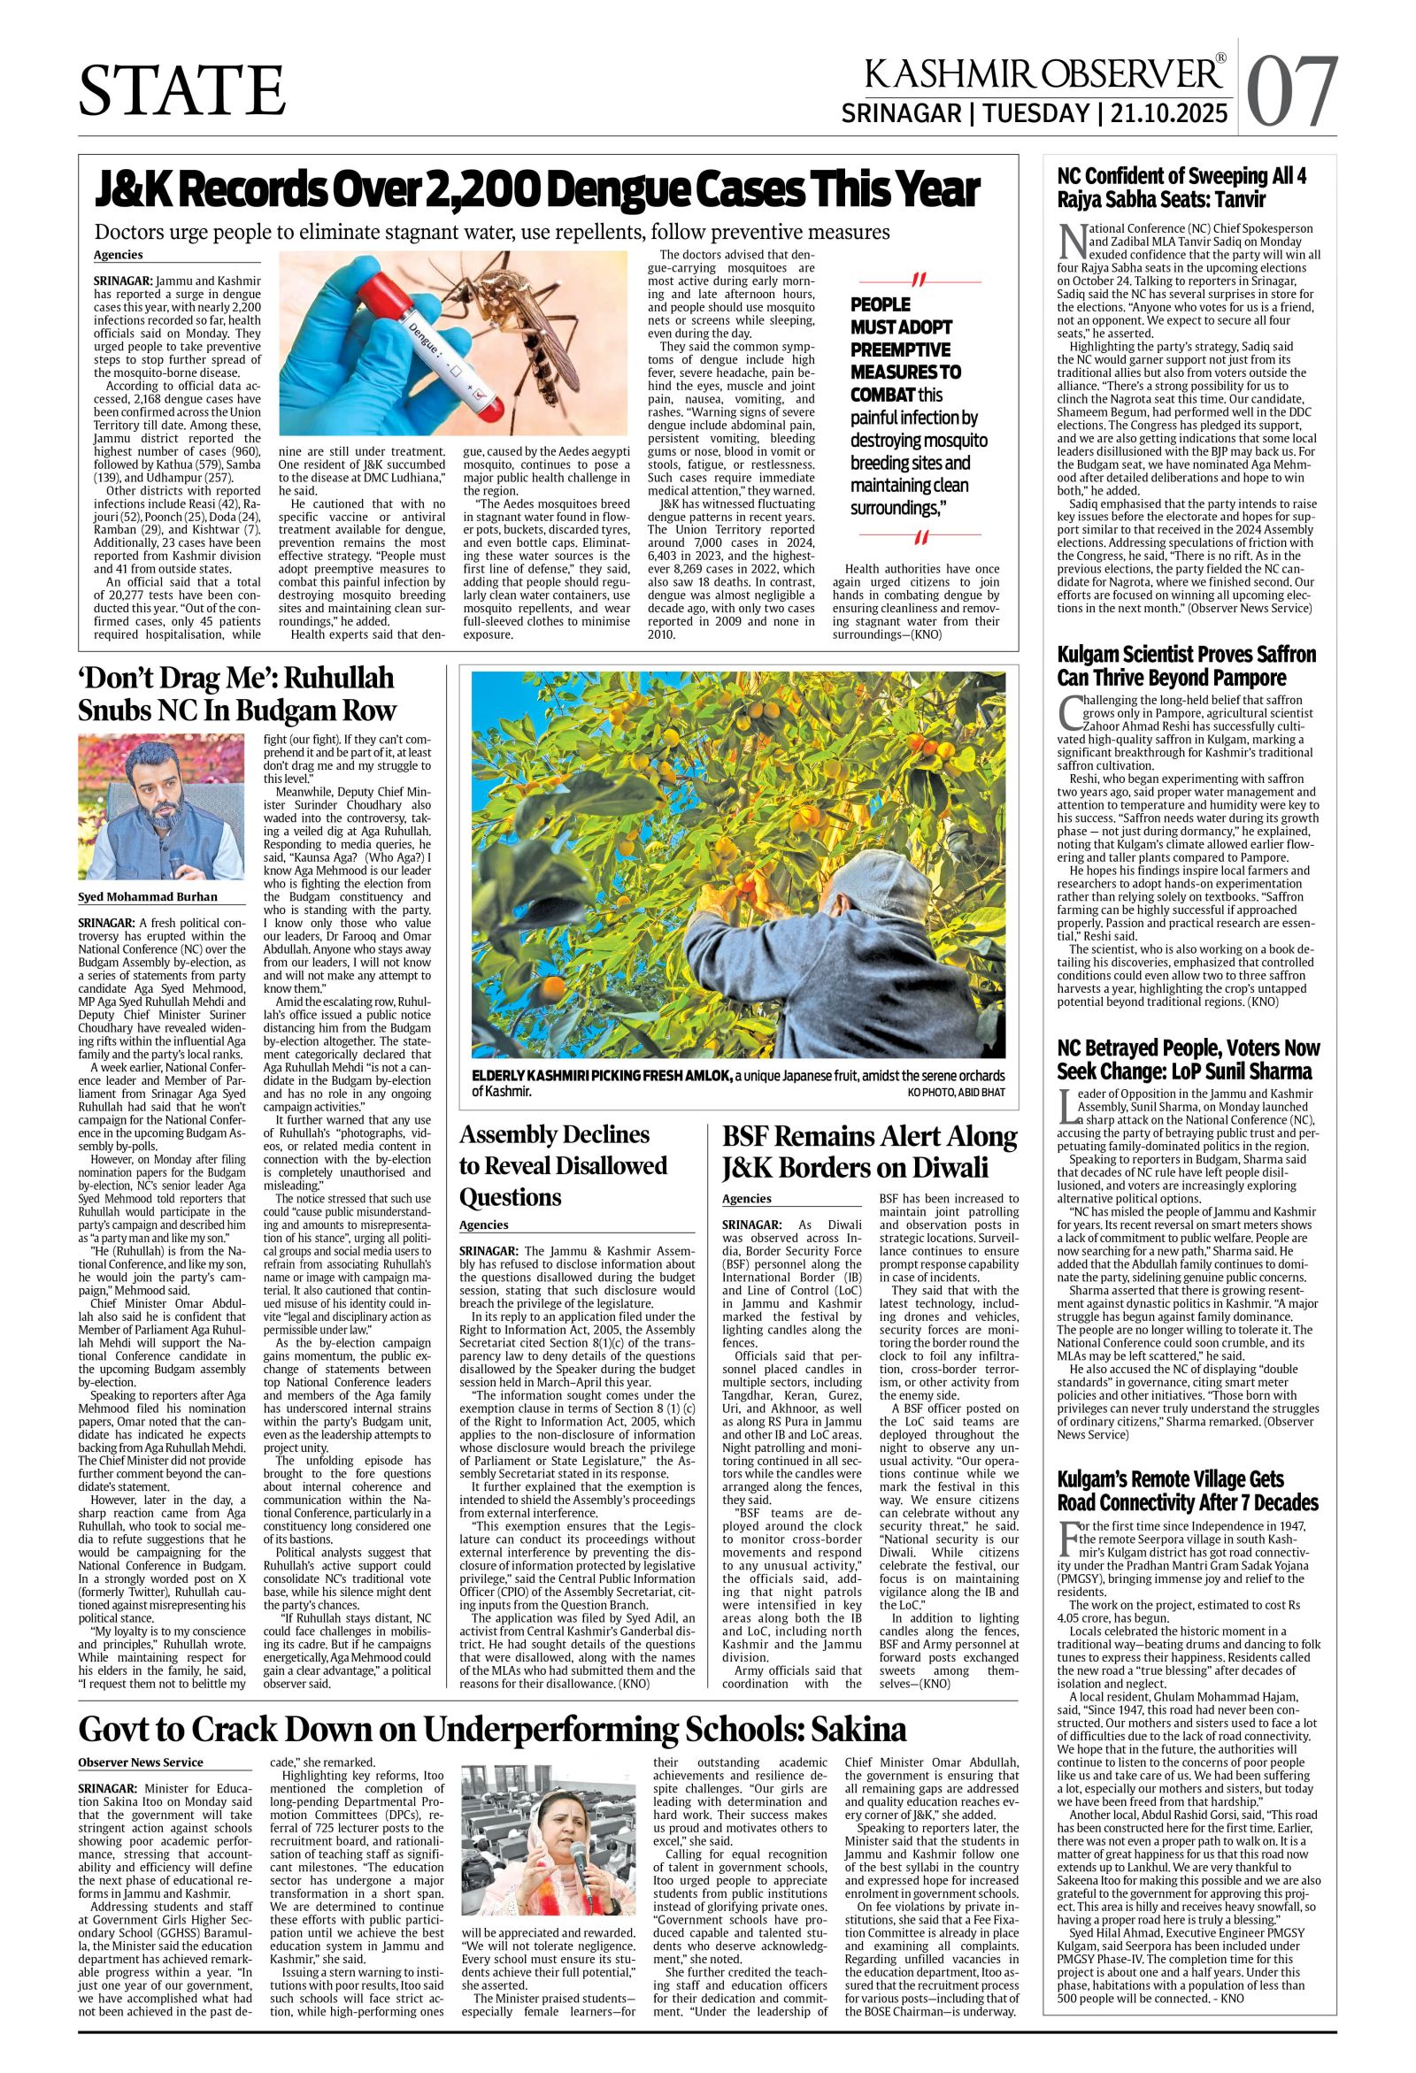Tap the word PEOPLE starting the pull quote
(x=881, y=304)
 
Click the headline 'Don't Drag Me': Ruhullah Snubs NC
(x=236, y=695)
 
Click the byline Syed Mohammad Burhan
(x=147, y=896)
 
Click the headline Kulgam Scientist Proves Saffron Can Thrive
(x=1186, y=665)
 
